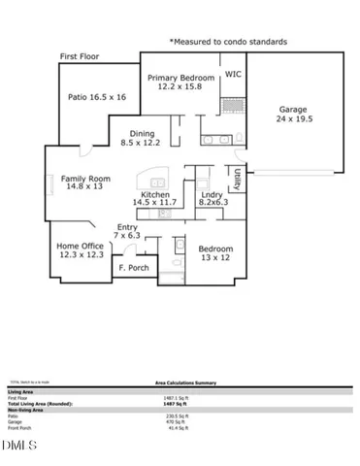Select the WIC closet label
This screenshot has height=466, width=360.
click(233, 73)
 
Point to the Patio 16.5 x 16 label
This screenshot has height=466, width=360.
click(96, 97)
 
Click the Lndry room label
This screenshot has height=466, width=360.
click(212, 200)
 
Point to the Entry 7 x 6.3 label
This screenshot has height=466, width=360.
click(126, 230)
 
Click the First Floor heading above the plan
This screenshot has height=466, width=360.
click(82, 57)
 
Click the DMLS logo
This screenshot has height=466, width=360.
click(18, 446)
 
